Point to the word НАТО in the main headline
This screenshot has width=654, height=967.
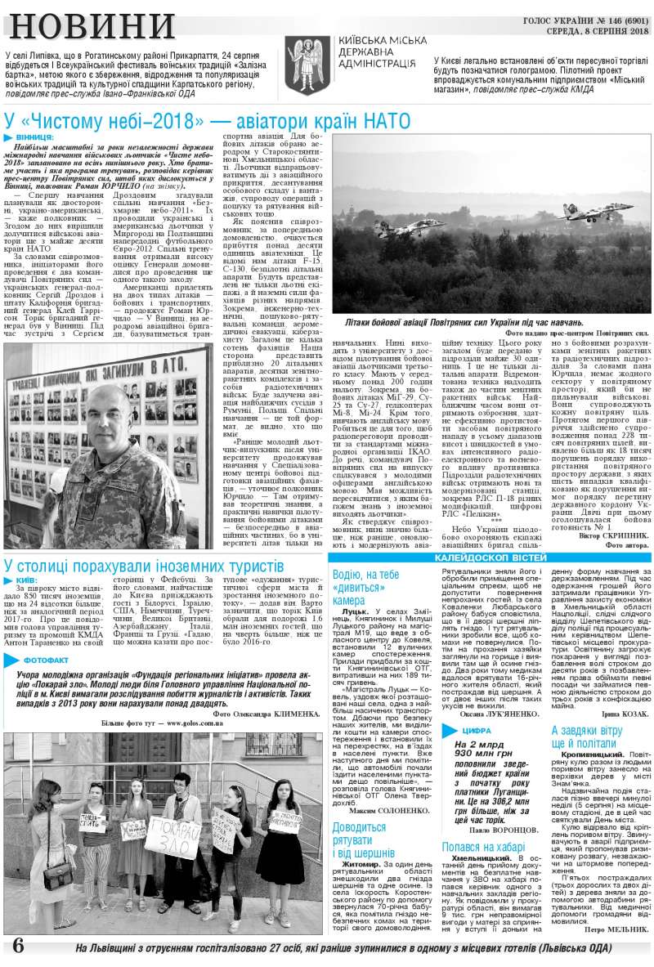pyautogui.click(x=373, y=121)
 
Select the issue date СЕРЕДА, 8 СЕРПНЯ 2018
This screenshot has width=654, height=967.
pyautogui.click(x=597, y=31)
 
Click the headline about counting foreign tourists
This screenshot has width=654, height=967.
pyautogui.click(x=144, y=565)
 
